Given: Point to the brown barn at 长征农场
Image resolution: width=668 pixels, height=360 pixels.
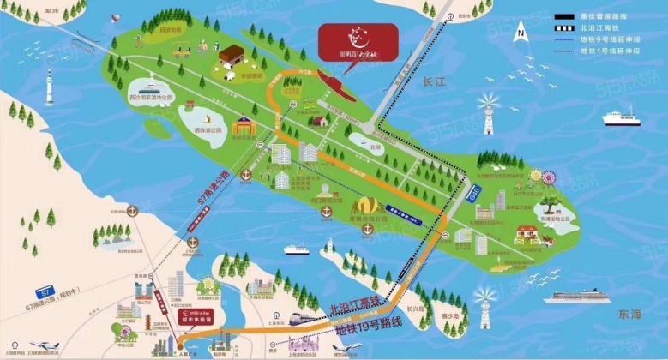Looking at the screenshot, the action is pyautogui.click(x=232, y=57).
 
